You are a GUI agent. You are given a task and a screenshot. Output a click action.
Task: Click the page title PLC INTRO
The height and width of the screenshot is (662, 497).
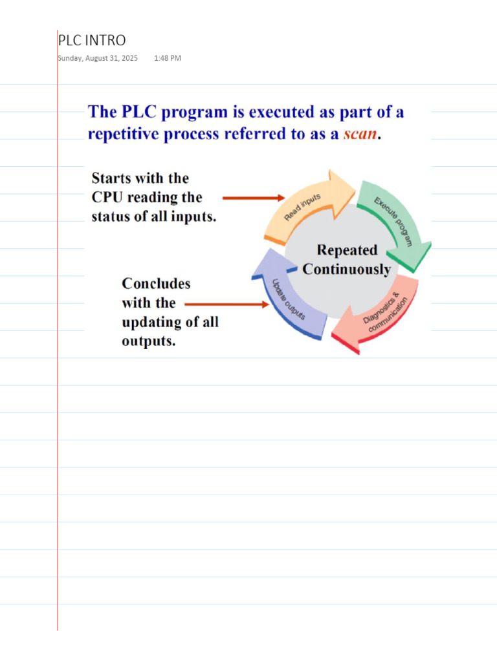point(92,41)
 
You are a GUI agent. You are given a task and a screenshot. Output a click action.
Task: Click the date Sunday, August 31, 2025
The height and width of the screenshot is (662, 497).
point(97,58)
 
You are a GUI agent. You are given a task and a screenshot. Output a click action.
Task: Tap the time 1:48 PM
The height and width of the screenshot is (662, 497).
point(168,58)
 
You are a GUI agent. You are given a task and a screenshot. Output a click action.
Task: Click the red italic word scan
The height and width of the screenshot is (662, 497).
point(360,134)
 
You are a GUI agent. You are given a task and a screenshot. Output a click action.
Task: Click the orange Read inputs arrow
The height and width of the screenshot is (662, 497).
point(304,207)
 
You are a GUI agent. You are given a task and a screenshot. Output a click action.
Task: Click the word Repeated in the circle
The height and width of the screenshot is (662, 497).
point(347,250)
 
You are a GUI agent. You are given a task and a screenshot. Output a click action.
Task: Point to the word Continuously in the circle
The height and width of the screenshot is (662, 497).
point(346,269)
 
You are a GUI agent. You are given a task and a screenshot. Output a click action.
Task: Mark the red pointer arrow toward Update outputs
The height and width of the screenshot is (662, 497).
point(226,303)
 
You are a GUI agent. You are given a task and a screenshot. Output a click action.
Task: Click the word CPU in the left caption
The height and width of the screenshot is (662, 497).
point(110,197)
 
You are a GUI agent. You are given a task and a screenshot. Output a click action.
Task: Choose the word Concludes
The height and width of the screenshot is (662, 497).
point(156,284)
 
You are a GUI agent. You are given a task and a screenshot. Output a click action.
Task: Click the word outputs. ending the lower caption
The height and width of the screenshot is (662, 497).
point(149,341)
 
